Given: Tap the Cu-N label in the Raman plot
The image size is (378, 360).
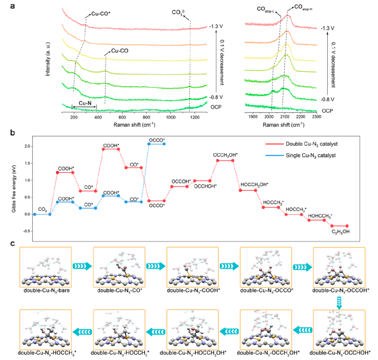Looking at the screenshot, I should (85, 102).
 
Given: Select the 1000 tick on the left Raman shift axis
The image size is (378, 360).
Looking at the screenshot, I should (170, 117).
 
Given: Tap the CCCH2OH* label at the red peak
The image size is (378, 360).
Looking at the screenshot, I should (224, 154).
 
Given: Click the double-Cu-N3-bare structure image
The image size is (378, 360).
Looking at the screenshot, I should (46, 267).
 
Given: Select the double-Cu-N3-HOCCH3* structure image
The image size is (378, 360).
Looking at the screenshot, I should (46, 329).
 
